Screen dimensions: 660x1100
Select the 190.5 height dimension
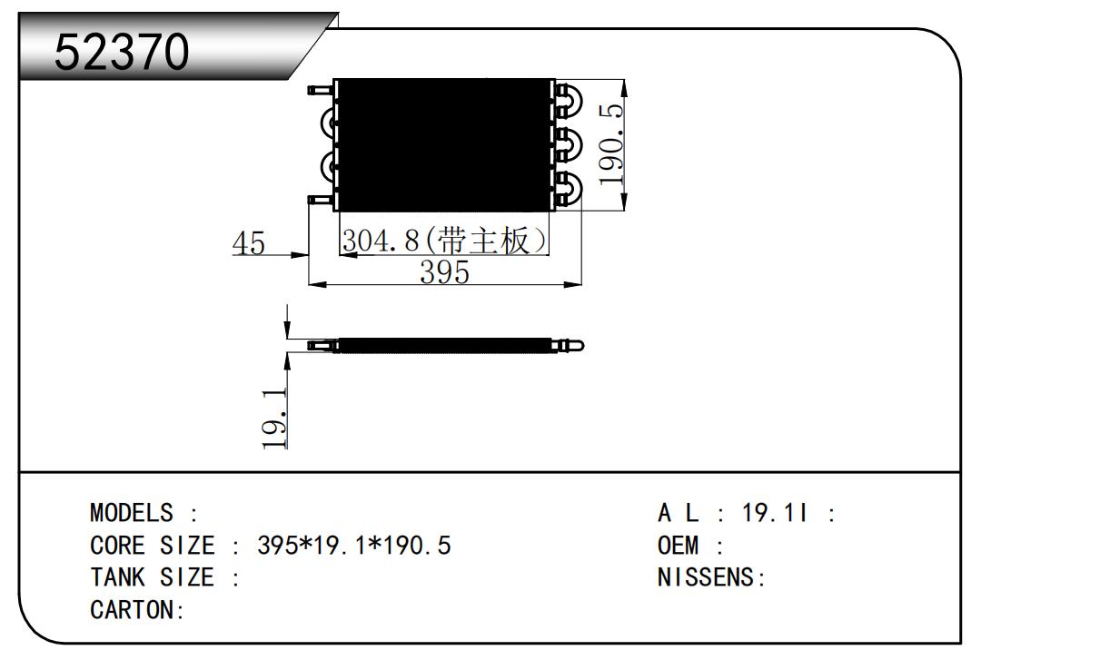pos(613,143)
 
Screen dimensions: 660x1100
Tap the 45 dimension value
pos(248,243)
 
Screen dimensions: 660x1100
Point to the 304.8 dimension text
pos(381,241)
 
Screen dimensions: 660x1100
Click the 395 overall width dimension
pos(444,271)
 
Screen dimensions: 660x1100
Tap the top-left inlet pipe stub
pos(319,90)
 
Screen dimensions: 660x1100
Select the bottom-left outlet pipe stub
pos(319,200)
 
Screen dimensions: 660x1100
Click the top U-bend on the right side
pos(570,100)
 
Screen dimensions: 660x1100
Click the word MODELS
pos(131,514)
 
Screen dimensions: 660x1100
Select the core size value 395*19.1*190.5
pos(355,547)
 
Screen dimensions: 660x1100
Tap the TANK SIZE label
pos(152,578)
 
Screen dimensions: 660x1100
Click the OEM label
pos(678,547)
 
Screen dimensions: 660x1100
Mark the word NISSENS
pos(707,578)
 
